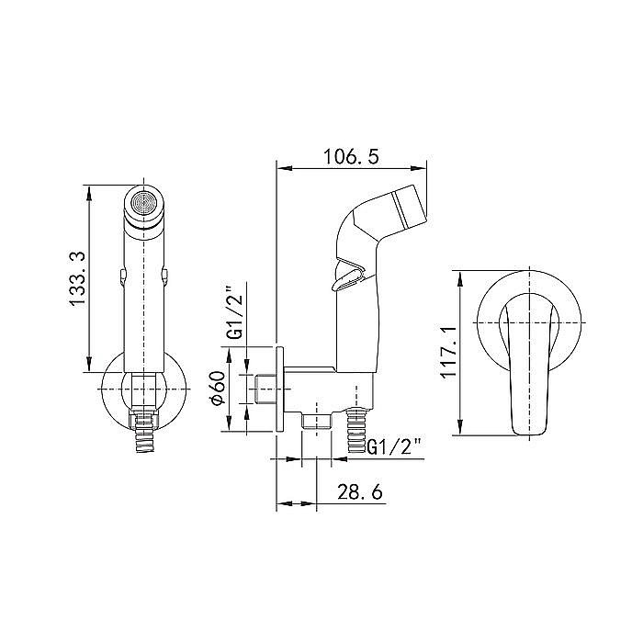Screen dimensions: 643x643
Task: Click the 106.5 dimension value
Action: [x=352, y=157]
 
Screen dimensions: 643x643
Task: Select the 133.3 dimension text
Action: [x=77, y=279]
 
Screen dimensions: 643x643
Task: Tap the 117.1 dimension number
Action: [x=449, y=352]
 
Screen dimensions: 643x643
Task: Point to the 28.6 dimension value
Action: [x=360, y=491]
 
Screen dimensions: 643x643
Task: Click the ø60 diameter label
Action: [x=219, y=388]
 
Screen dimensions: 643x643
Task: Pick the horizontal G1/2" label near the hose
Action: [x=394, y=446]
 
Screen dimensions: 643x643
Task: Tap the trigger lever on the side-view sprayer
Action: [x=348, y=275]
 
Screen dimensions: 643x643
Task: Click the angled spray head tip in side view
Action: [x=409, y=208]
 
